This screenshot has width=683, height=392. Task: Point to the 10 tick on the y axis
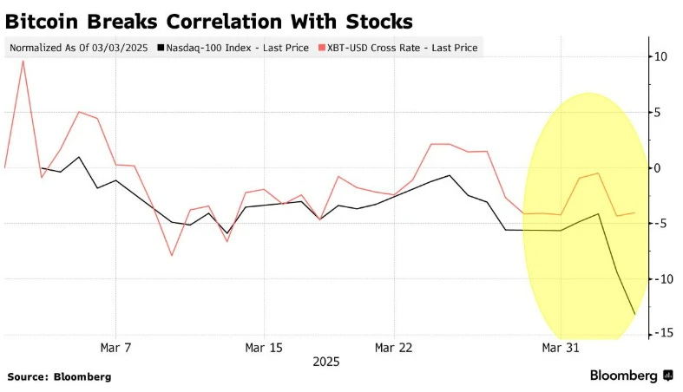[661, 56]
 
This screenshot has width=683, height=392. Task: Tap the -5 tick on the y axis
[662, 223]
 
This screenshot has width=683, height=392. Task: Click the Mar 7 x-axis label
[115, 348]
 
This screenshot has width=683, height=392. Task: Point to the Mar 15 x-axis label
[264, 348]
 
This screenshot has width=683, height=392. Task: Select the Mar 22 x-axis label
[393, 348]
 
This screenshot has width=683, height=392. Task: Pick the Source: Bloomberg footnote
[59, 376]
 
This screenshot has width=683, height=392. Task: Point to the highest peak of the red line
[23, 61]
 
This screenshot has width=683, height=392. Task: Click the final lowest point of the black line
[635, 314]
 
